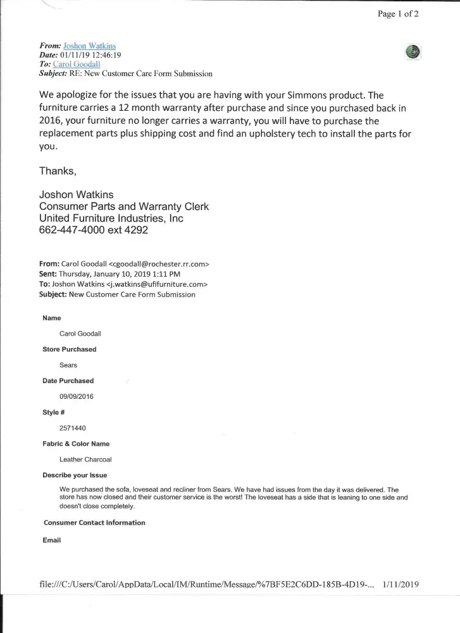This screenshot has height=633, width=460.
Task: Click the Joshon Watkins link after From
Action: [x=90, y=46]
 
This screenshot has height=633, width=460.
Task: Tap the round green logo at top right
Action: [x=413, y=53]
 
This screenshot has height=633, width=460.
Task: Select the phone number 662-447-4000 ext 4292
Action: [x=94, y=230]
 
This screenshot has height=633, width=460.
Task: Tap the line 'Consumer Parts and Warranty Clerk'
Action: [x=124, y=207]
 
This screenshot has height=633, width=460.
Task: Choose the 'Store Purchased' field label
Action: [x=70, y=349]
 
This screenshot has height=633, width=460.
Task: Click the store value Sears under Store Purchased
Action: [x=68, y=365]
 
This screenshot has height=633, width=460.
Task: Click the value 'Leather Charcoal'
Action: [x=85, y=460]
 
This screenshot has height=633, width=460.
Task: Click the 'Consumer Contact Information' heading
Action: [x=94, y=523]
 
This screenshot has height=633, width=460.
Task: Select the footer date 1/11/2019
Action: [x=401, y=584]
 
